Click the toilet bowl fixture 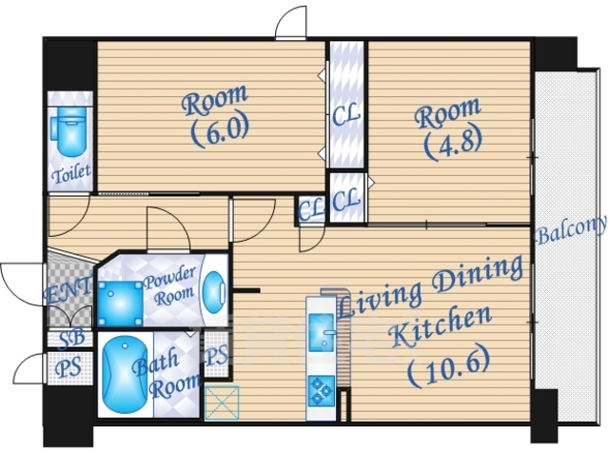click(x=70, y=131)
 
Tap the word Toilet click(x=71, y=173)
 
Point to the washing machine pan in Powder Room click(x=120, y=304)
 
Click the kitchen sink click(x=322, y=330)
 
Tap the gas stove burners click(x=322, y=390)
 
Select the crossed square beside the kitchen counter click(x=222, y=403)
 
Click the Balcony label click(x=571, y=229)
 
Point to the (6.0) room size click(x=220, y=131)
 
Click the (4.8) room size click(x=454, y=144)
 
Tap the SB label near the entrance click(x=72, y=339)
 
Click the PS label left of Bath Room click(x=69, y=367)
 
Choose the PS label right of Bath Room click(x=216, y=356)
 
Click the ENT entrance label click(x=68, y=291)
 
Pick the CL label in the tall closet click(x=346, y=115)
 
